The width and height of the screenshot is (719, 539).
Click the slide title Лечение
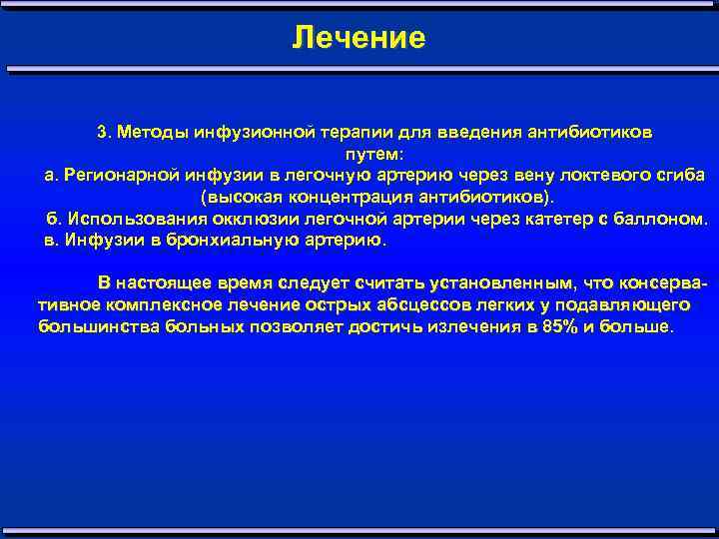(359, 38)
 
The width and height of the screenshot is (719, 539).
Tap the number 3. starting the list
(104, 133)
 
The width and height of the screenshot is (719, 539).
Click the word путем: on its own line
(375, 155)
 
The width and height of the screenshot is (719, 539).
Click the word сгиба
(679, 175)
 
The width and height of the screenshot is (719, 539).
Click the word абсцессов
(374, 305)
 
